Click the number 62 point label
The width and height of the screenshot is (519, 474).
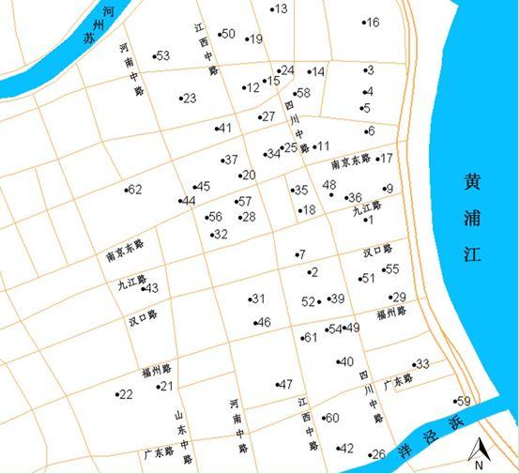133,190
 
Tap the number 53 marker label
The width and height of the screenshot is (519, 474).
161,56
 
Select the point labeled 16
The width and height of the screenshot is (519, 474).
371,23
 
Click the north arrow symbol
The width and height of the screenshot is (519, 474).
478,452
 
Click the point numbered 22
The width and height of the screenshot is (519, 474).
124,394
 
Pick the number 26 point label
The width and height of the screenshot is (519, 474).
377,454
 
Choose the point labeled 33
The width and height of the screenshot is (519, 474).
420,364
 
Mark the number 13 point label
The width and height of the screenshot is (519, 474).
280,9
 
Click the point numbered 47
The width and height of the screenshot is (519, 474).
284,384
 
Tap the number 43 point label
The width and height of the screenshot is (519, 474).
150,288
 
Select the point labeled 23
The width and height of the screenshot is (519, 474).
188,99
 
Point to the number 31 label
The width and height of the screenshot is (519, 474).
256,299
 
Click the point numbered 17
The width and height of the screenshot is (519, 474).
385,159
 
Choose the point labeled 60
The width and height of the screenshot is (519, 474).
330,419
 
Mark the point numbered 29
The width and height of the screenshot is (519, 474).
397,298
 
